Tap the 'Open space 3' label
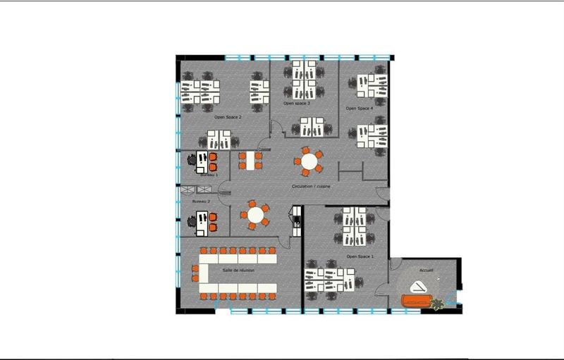tap(297, 104)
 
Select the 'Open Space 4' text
tap(359, 108)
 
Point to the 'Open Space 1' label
tap(360, 256)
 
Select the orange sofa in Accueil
tap(417, 301)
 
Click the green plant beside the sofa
tap(439, 304)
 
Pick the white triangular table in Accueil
tap(419, 286)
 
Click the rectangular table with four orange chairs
tap(250, 161)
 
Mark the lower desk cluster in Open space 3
tap(311, 128)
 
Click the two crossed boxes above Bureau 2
tap(197, 190)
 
